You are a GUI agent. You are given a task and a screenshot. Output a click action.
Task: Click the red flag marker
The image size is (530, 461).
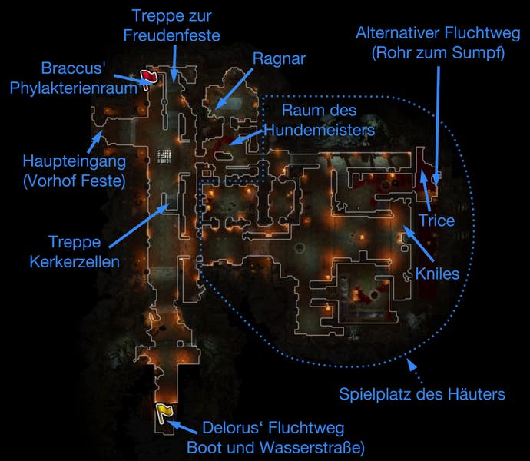tap(148, 79)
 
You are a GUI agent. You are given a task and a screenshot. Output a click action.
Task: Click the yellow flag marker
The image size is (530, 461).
tap(164, 413)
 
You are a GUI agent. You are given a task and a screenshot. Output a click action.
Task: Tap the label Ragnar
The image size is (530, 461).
tap(279, 59)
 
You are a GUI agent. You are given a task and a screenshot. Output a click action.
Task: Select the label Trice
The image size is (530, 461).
tap(437, 221)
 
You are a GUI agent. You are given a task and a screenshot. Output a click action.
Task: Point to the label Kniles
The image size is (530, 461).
tap(437, 274)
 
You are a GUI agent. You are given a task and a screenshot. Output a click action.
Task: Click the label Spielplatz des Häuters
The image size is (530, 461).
tap(422, 394)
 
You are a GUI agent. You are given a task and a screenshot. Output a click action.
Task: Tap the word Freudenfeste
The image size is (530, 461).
tap(172, 35)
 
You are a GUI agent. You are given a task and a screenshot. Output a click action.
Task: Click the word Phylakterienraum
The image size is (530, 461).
tap(73, 88)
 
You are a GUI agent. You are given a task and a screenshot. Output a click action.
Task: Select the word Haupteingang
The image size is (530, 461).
tap(75, 161)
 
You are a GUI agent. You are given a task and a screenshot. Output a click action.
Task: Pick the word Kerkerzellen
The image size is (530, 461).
tap(75, 262)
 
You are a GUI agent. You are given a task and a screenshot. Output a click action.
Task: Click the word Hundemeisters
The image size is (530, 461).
tap(320, 130)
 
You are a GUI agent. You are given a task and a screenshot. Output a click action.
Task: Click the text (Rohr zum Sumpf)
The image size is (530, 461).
tap(439, 53)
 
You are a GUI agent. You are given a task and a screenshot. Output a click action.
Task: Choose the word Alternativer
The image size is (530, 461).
tap(398, 33)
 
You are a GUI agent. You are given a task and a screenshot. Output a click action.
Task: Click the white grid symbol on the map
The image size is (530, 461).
tap(164, 157)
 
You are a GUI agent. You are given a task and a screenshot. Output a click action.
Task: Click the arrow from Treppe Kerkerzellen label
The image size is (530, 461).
tap(139, 225)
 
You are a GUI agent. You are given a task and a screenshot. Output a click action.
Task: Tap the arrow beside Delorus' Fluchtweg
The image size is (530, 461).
tap(182, 427)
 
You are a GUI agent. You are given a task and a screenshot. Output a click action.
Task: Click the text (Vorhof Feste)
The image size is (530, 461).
tap(75, 181)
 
